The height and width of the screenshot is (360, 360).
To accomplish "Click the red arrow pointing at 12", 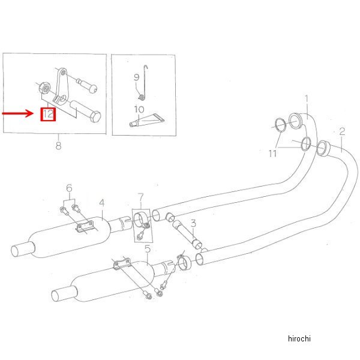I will (x=18, y=112).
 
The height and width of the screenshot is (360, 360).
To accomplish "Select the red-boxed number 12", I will (x=48, y=113).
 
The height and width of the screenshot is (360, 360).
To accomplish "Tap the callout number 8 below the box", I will (x=58, y=145).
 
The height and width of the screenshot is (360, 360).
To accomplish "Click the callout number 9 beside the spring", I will (x=136, y=77).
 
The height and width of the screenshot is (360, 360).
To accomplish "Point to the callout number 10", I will (x=139, y=110).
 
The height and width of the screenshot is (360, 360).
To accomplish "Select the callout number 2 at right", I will (x=341, y=131).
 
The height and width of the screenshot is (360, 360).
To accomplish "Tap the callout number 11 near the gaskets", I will (x=274, y=154).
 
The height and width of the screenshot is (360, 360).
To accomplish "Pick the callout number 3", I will (x=193, y=223).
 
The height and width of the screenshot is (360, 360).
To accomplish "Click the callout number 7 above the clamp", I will (x=141, y=196).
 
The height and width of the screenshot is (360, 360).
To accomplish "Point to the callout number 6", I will (x=69, y=188).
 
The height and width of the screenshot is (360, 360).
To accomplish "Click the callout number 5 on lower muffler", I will (x=147, y=248).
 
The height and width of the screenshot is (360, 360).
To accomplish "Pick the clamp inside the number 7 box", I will (x=142, y=220).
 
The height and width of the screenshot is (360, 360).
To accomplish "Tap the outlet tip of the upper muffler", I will (x=21, y=248).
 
